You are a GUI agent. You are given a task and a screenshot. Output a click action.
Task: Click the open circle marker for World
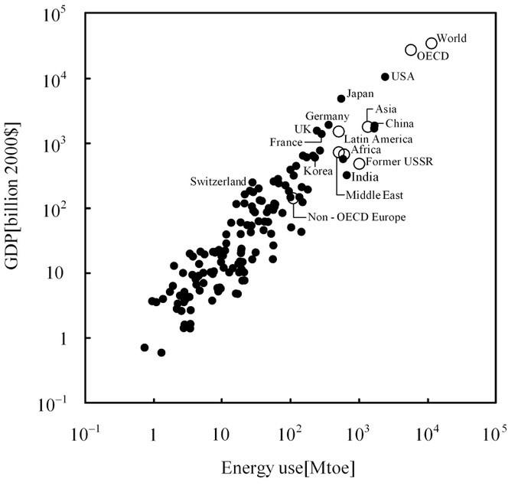[x=432, y=44]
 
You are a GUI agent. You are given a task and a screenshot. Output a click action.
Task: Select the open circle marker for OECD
[x=411, y=50]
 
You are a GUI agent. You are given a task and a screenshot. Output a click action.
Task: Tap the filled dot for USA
[x=385, y=77]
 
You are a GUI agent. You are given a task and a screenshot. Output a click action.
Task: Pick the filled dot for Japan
[x=341, y=98]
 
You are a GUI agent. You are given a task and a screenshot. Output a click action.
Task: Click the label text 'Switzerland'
[x=217, y=181]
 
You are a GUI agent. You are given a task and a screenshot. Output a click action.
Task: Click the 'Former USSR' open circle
[x=359, y=164]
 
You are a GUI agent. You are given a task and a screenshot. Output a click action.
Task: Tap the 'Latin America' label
[x=378, y=139]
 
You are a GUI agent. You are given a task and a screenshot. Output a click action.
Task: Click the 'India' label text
[x=364, y=177]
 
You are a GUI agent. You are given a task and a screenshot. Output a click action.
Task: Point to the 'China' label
[x=399, y=124]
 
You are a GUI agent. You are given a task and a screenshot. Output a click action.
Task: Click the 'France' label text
[x=286, y=142]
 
